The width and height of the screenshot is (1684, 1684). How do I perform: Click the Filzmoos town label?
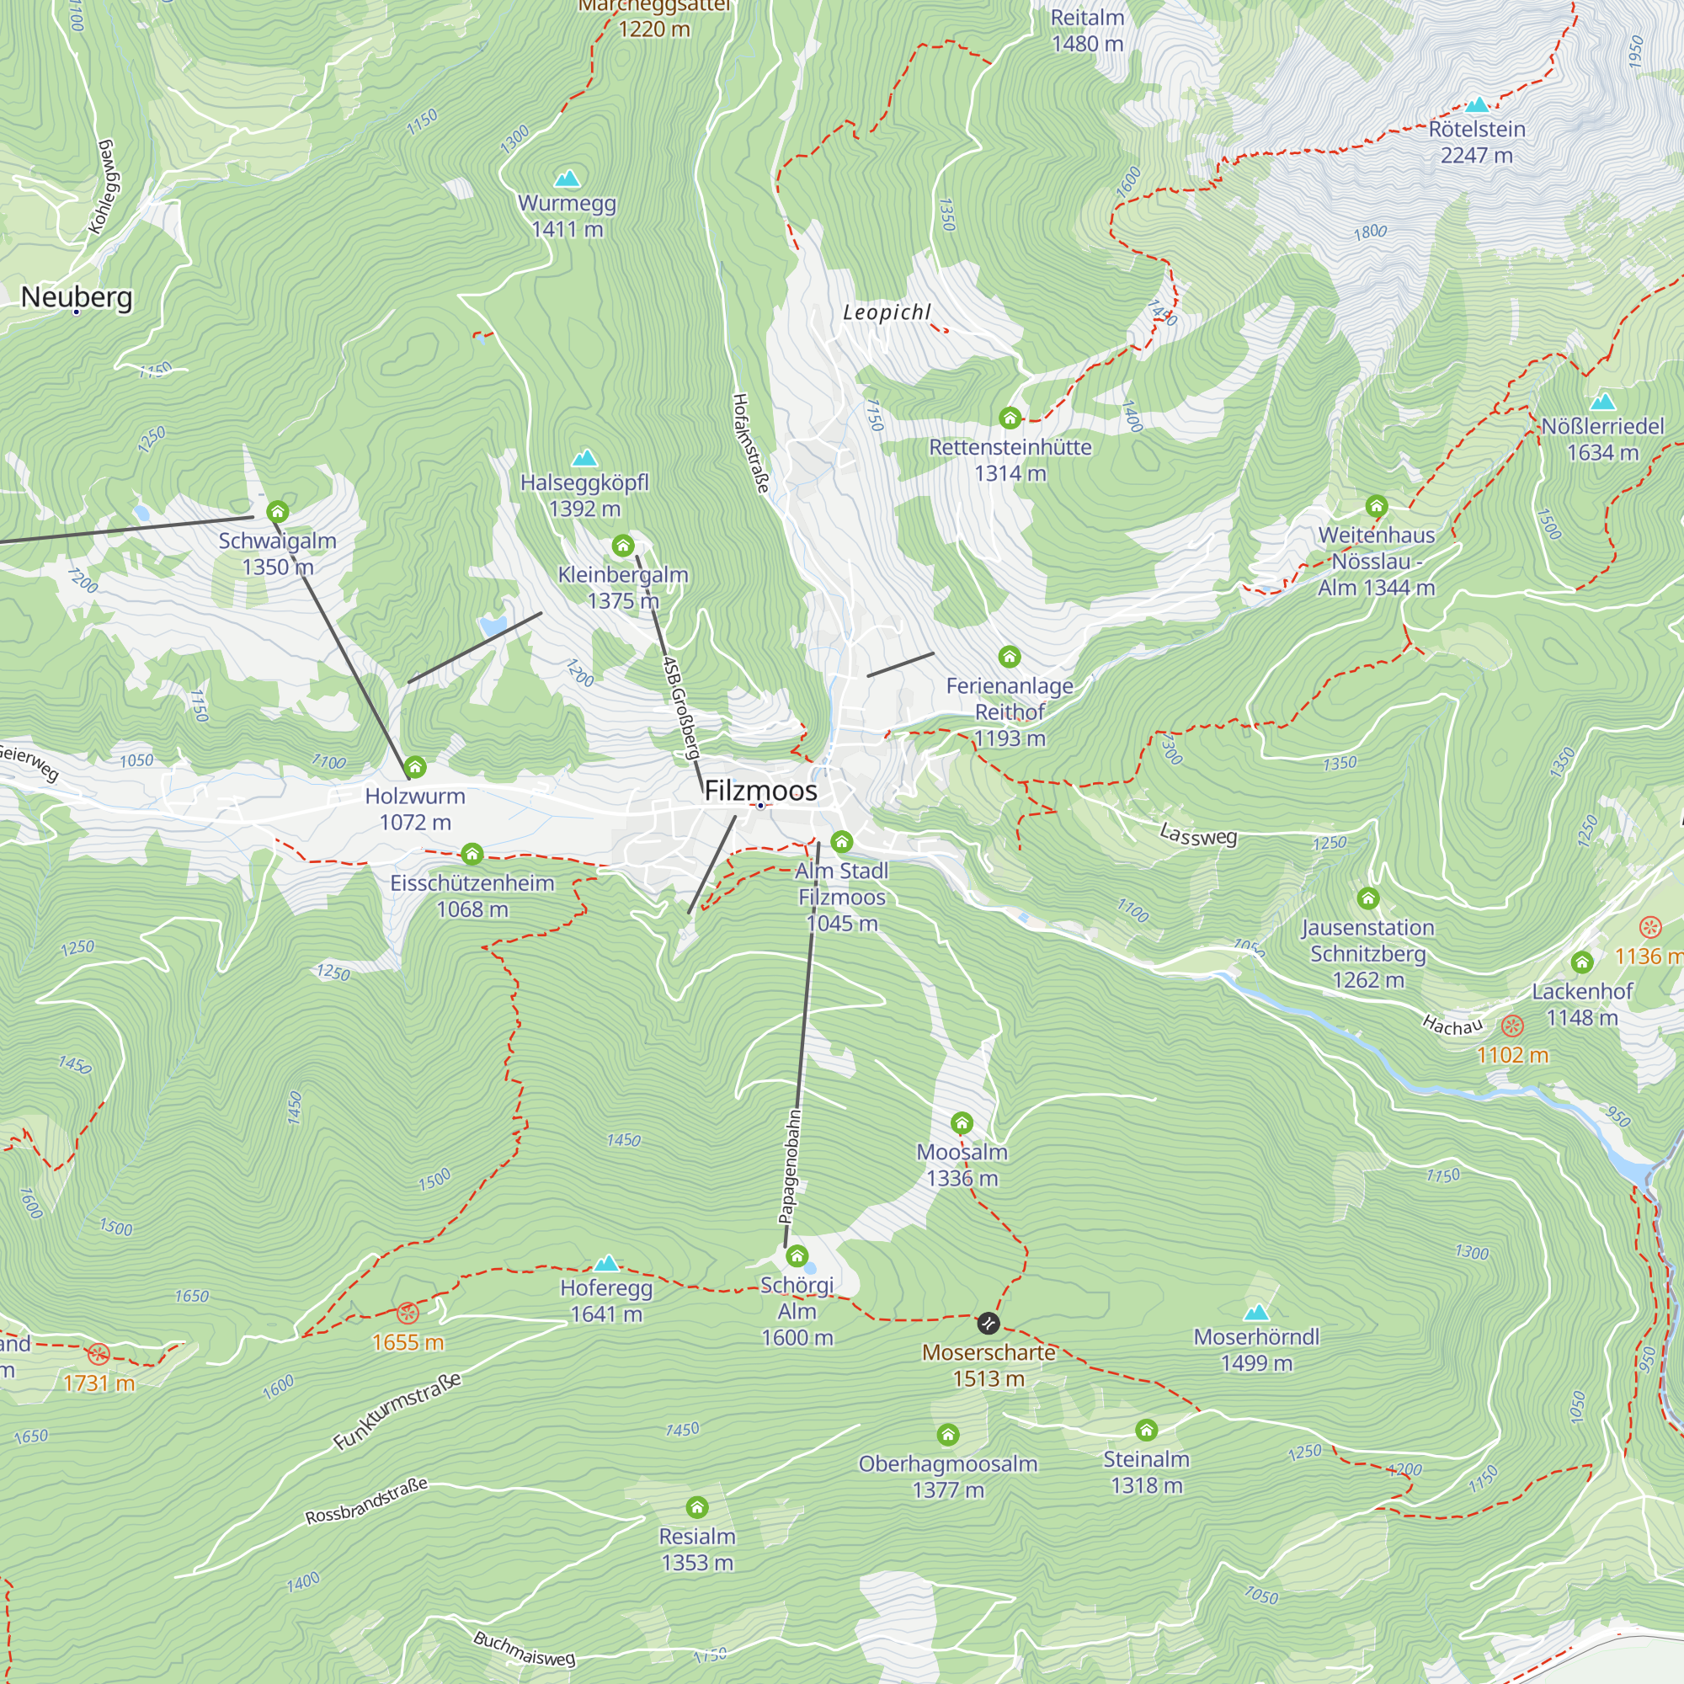tap(760, 791)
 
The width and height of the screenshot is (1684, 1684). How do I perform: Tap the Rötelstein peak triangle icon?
tap(1477, 105)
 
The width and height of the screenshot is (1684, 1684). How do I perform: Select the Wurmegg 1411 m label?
tap(567, 216)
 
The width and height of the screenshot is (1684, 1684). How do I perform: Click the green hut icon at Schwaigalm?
tap(277, 512)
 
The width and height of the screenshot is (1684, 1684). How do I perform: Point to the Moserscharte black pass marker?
tap(988, 1324)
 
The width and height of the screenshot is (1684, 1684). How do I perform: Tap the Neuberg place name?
tap(77, 296)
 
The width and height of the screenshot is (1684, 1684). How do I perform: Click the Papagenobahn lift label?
tap(789, 1167)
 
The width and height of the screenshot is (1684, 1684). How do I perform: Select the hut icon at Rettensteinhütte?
tap(1010, 418)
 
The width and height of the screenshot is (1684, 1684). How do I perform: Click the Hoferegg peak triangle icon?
tap(605, 1264)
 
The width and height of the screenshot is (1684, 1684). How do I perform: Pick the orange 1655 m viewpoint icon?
tap(407, 1314)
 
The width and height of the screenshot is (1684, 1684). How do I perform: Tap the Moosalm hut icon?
tap(962, 1122)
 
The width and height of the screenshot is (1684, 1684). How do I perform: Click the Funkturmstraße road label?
tap(397, 1411)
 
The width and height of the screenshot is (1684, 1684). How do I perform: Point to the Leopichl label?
tap(887, 312)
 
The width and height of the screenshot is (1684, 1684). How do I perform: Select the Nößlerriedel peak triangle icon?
tap(1602, 402)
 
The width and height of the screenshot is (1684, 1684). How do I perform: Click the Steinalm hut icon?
tap(1146, 1431)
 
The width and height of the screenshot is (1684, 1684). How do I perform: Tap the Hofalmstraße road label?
tap(750, 443)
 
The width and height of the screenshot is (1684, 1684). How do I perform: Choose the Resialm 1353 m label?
tap(696, 1549)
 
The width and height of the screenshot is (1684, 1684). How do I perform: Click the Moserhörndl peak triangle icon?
tap(1256, 1313)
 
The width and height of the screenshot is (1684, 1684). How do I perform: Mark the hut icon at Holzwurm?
tap(415, 768)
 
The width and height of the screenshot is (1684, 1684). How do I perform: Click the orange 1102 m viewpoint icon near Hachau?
tap(1512, 1026)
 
